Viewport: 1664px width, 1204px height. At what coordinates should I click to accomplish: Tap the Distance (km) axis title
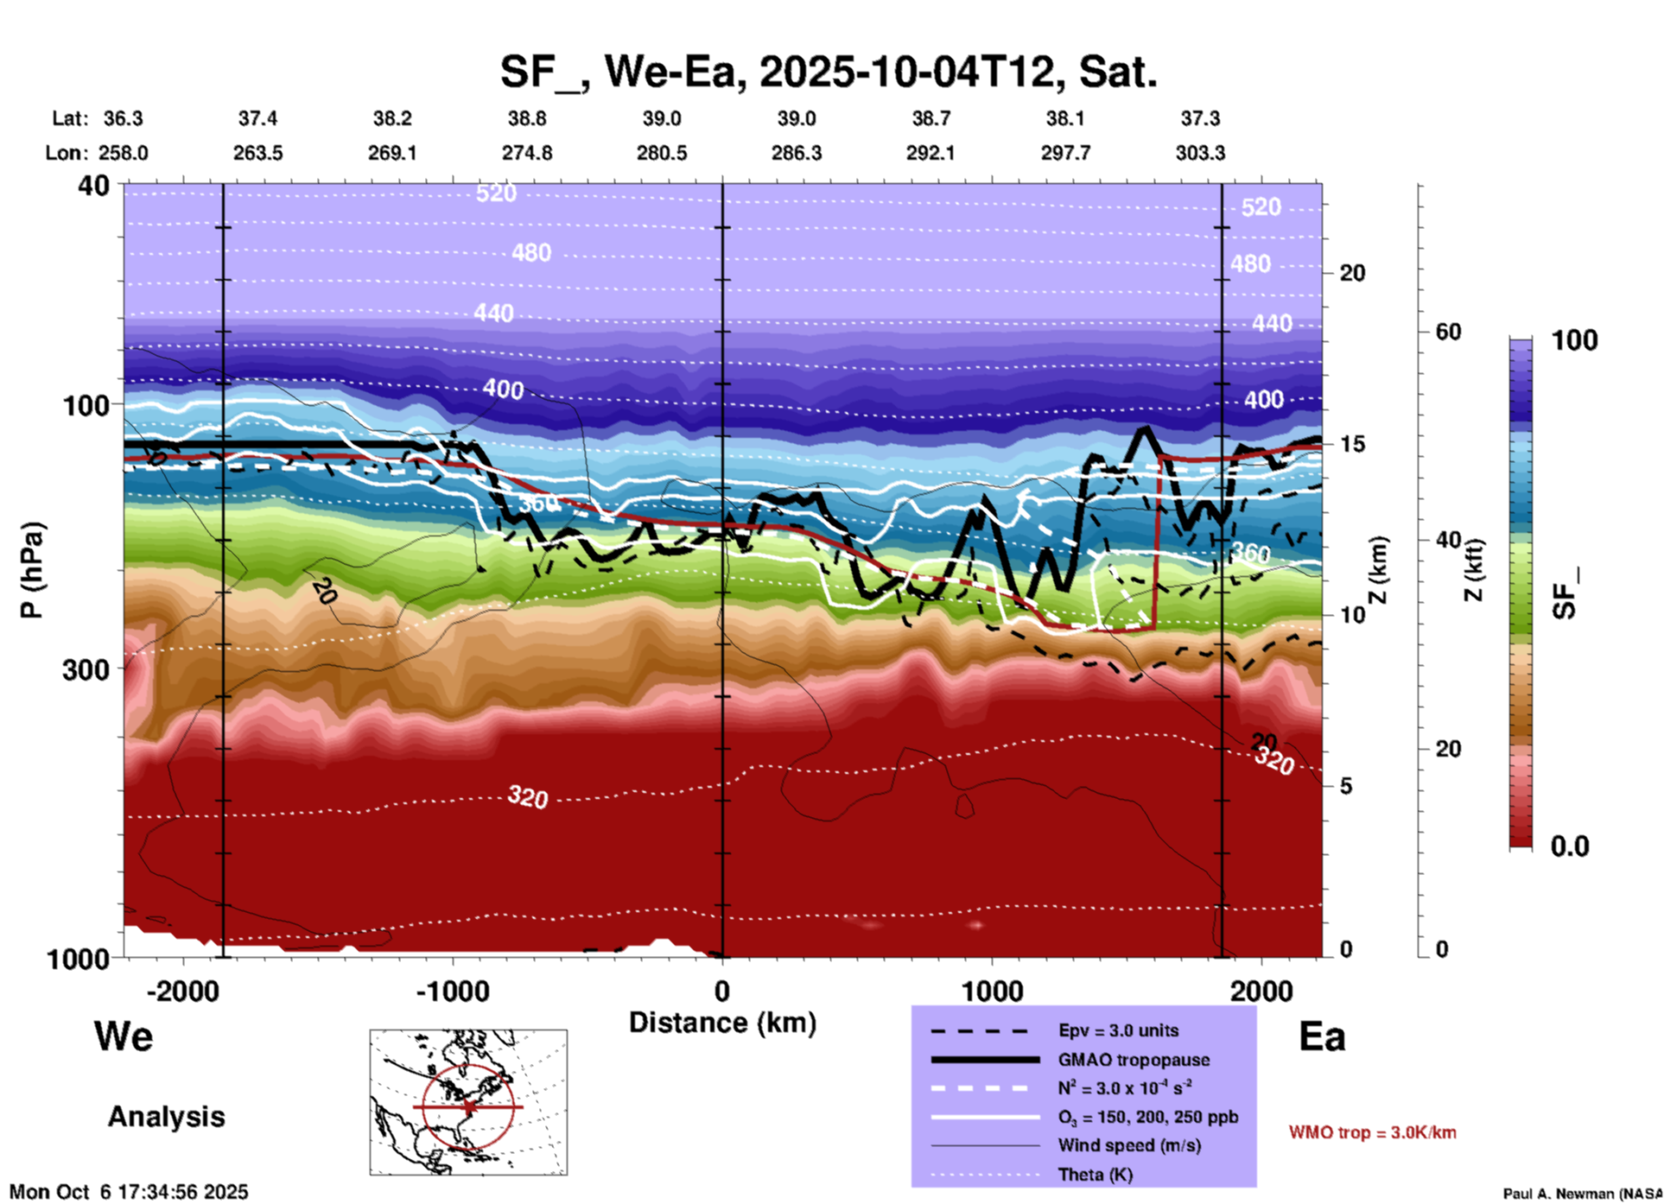tap(722, 1023)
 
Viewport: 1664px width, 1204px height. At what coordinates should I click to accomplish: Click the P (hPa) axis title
tap(32, 570)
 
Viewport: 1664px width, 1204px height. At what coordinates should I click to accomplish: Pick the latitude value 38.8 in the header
tap(527, 118)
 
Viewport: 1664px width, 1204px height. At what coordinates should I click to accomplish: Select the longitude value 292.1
tap(930, 153)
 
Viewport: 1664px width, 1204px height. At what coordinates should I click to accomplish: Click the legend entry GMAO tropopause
tap(1134, 1060)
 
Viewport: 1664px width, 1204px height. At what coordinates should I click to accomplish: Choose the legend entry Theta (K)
tap(1096, 1175)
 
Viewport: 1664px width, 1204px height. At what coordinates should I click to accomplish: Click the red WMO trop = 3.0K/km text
tap(1372, 1132)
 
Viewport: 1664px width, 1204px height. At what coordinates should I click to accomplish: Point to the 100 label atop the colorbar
tap(1574, 340)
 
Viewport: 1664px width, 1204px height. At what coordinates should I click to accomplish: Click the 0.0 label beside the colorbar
tap(1569, 846)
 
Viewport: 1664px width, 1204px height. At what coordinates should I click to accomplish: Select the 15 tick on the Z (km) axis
tap(1352, 444)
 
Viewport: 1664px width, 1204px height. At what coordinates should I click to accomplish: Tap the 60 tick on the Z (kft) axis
tap(1448, 332)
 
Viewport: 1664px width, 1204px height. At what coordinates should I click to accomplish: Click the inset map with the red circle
tap(468, 1102)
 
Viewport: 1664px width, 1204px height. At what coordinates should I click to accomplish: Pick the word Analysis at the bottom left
tap(166, 1117)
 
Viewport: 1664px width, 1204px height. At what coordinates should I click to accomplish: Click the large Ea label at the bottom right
tap(1322, 1037)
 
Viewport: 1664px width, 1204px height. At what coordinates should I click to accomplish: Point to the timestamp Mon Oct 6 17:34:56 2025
tap(129, 1192)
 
